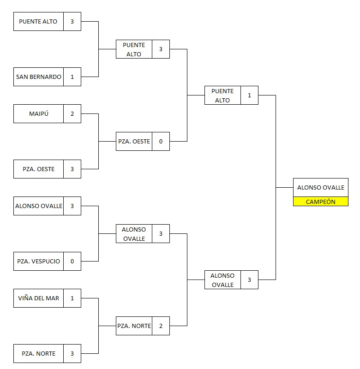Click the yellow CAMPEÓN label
(320, 202)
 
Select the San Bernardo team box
(38, 77)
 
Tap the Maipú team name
(38, 114)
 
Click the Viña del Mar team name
(38, 298)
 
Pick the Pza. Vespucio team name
(38, 262)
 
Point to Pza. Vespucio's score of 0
(72, 262)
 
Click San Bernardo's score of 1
(72, 77)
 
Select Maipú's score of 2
(72, 114)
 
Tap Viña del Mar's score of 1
(72, 298)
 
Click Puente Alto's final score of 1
(249, 95)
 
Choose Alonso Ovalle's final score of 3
(249, 280)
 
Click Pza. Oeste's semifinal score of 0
(161, 142)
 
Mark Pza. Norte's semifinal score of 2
(161, 326)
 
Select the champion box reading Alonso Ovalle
(320, 188)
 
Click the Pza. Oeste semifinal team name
(134, 142)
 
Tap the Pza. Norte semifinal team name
(134, 326)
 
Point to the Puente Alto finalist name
(222, 95)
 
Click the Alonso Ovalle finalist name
(222, 280)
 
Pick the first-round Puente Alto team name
(38, 22)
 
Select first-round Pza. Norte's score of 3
(72, 354)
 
